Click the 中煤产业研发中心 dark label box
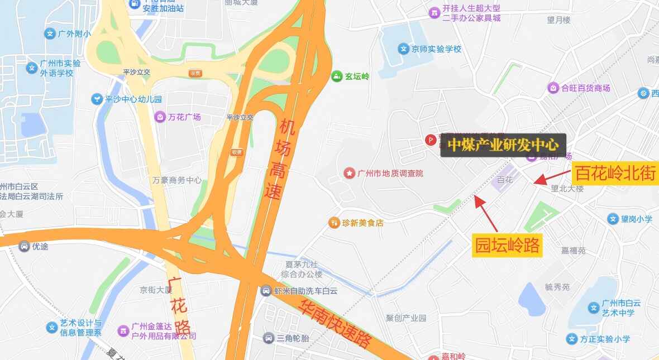point(503,145)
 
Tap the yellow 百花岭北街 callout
point(615,173)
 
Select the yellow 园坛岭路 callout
point(508,245)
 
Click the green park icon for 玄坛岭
point(336,76)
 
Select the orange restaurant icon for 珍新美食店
point(334,223)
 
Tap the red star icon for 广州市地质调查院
point(350,174)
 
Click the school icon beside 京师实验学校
point(403,49)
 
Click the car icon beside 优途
point(24,246)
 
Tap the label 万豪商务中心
point(177,180)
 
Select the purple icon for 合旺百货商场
point(553,88)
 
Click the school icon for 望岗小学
point(613,219)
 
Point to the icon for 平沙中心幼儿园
point(98,99)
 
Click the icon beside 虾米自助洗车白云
point(266,291)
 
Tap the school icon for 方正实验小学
point(571,339)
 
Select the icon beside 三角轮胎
point(269,338)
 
